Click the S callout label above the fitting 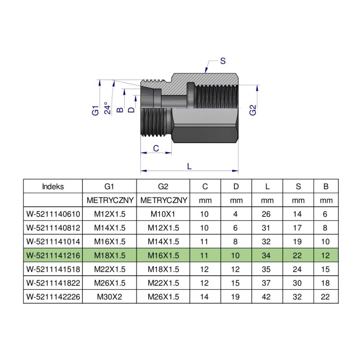tap(223, 61)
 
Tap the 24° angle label tap(107, 108)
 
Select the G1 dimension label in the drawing tap(95, 110)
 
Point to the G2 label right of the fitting tap(252, 110)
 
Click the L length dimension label tap(189, 166)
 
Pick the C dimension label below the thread tap(156, 148)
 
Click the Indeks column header tap(53, 186)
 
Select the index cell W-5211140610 tap(53, 214)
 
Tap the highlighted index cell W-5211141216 tap(53, 255)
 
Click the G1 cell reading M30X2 tap(109, 297)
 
